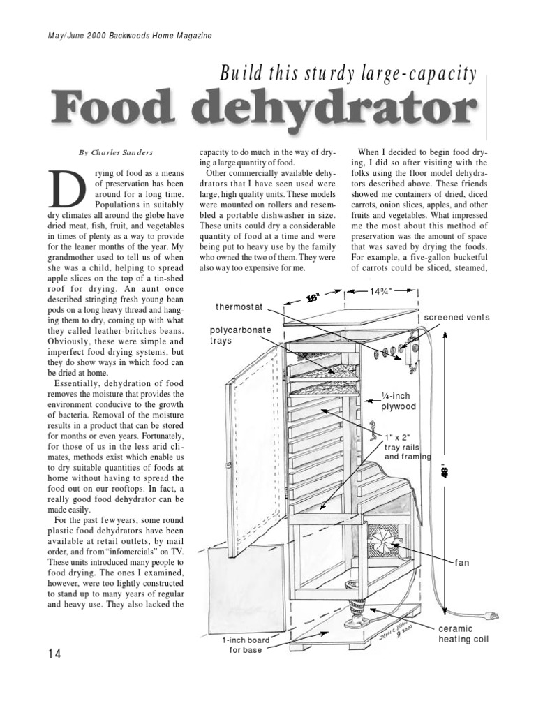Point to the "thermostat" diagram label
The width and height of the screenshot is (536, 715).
point(239,307)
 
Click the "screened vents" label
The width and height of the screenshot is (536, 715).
point(456,318)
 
